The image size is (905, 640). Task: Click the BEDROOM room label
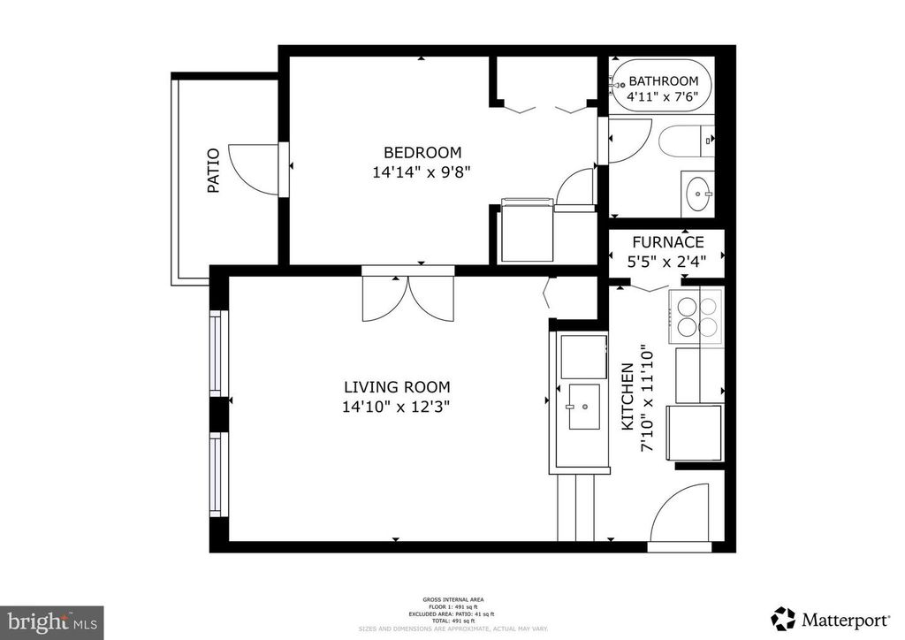tap(422, 152)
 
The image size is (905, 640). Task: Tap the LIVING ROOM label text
tap(397, 387)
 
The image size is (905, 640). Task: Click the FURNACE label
tap(667, 242)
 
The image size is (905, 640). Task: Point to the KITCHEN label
tap(627, 397)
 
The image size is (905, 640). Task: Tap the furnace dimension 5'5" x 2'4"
tap(667, 262)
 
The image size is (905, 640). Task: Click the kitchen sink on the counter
tap(583, 407)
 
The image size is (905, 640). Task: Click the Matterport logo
tap(830, 616)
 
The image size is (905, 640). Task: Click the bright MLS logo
tap(52, 621)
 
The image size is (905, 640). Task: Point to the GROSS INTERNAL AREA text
tap(452, 599)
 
